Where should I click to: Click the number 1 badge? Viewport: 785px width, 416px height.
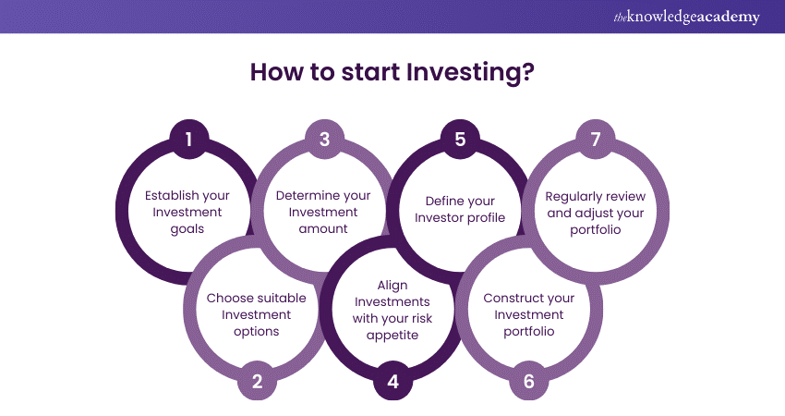click(x=188, y=140)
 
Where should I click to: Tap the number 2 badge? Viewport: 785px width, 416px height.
click(x=257, y=380)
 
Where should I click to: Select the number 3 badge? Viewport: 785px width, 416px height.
click(x=324, y=140)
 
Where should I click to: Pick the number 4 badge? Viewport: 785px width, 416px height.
click(x=392, y=380)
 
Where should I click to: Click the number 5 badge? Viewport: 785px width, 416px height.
click(x=460, y=140)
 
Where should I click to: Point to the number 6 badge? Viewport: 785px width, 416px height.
click(x=528, y=380)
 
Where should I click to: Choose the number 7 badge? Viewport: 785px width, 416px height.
click(x=596, y=140)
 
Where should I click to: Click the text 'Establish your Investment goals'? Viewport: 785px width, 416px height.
click(x=188, y=212)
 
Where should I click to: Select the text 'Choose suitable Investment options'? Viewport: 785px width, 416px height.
click(x=257, y=314)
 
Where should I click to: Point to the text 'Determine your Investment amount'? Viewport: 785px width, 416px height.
click(x=324, y=212)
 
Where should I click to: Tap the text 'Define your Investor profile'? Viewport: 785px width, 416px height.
click(x=460, y=210)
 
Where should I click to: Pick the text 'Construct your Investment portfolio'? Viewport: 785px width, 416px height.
click(x=528, y=314)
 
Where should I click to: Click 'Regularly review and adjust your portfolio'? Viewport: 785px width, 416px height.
click(x=596, y=212)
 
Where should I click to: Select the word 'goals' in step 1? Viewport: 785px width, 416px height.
click(x=188, y=227)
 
